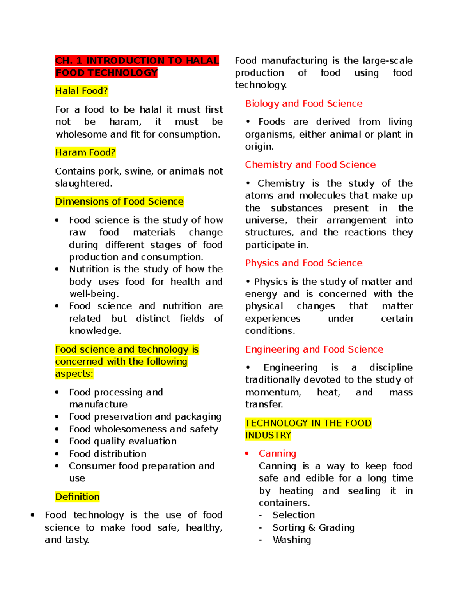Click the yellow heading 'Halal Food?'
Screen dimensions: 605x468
82,91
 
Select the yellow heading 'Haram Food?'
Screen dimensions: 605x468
85,152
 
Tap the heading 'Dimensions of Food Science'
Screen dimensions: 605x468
119,201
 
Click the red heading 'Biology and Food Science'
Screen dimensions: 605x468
304,104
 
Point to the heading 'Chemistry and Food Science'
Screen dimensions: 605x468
310,165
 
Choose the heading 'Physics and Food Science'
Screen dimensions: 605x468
304,263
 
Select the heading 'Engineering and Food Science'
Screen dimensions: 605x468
314,349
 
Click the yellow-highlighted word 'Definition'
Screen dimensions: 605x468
77,497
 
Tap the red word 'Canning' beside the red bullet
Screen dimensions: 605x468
277,453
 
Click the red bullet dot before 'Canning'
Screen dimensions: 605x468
247,453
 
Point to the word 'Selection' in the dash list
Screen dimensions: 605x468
293,515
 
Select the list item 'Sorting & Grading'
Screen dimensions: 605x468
313,527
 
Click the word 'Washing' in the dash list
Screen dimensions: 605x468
292,540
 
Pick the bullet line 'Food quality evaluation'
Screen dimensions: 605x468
122,441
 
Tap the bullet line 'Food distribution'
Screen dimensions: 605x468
108,454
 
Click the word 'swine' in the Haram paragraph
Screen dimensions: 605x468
138,171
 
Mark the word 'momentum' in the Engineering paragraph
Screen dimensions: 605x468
273,392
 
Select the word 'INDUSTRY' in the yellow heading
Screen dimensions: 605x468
268,435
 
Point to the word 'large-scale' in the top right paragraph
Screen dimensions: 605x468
387,61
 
